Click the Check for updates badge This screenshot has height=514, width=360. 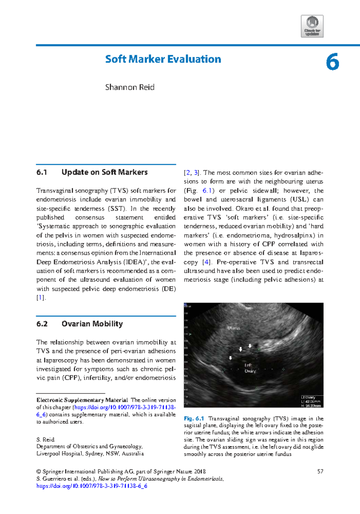312,26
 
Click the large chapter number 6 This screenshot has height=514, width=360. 332,62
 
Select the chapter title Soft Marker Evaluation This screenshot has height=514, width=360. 163,59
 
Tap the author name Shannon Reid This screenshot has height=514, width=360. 130,87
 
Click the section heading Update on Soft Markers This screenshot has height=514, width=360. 104,172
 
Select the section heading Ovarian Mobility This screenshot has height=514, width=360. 92,324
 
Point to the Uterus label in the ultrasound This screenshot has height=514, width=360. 234,328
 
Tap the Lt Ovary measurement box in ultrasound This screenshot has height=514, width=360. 312,401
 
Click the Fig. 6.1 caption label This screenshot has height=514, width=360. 194,419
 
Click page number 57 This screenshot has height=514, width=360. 320,471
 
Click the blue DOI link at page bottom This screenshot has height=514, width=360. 91,486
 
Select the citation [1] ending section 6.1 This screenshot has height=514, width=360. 40,298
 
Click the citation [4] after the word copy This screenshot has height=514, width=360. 206,262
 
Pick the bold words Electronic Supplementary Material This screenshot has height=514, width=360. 82,400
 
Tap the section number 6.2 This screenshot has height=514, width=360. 42,324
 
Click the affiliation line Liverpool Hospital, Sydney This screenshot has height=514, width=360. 90,454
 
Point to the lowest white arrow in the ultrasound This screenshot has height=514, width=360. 230,358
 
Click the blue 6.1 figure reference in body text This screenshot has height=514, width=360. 207,191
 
